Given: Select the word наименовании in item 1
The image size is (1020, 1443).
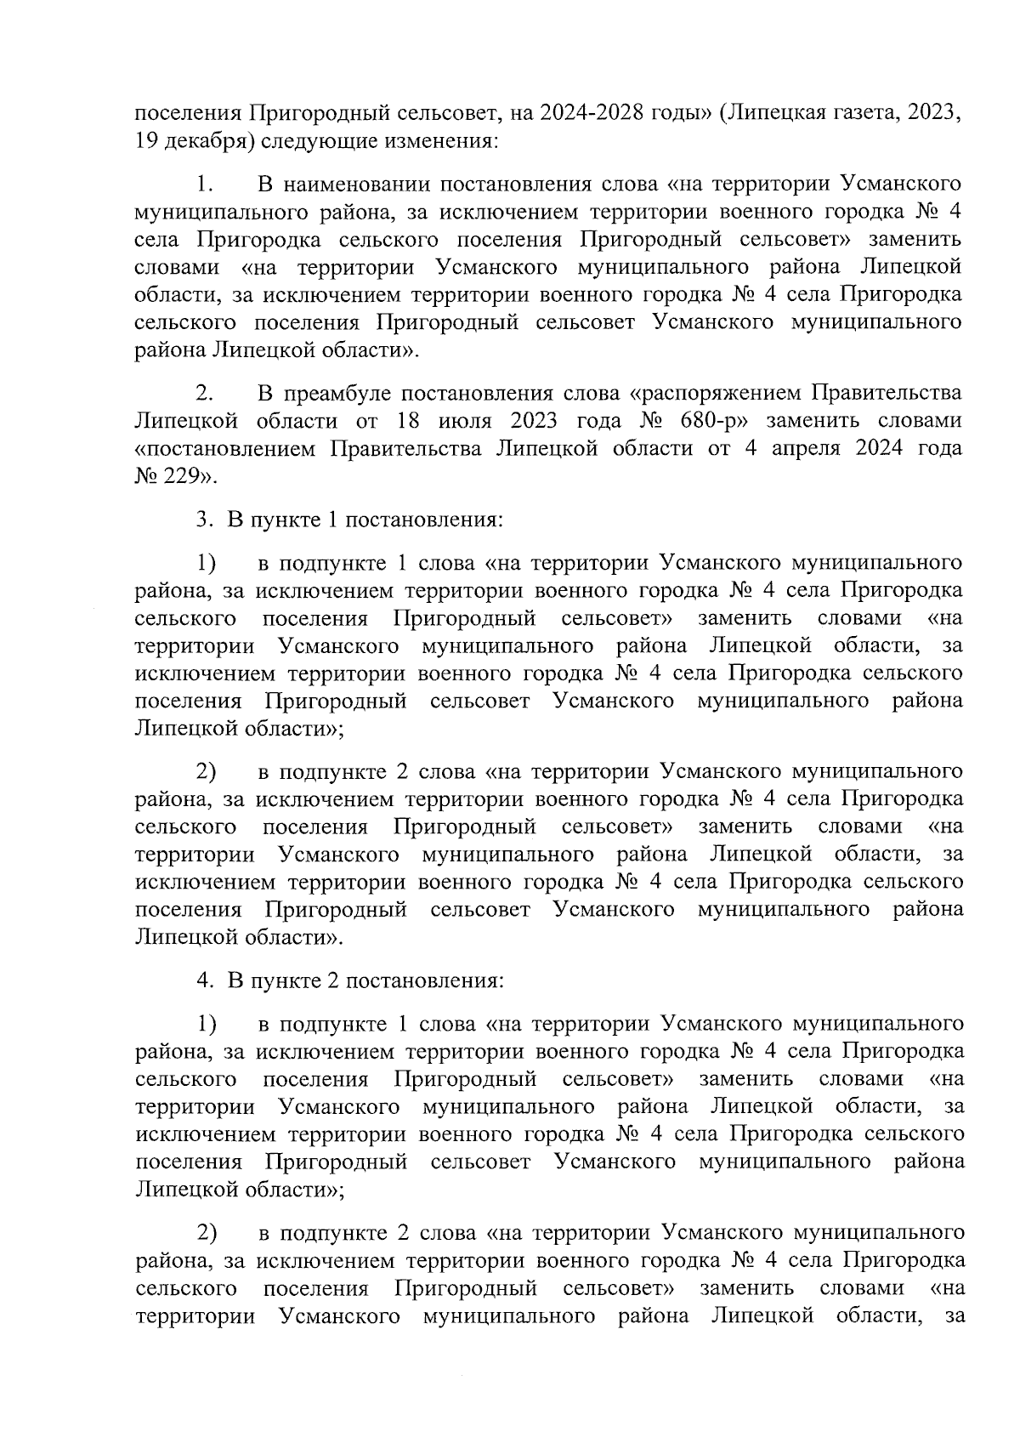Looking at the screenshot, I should [x=354, y=183].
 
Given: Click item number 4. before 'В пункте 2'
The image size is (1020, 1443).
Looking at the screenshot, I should [x=204, y=980].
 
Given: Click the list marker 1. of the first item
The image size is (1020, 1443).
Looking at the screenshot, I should [x=204, y=183].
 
